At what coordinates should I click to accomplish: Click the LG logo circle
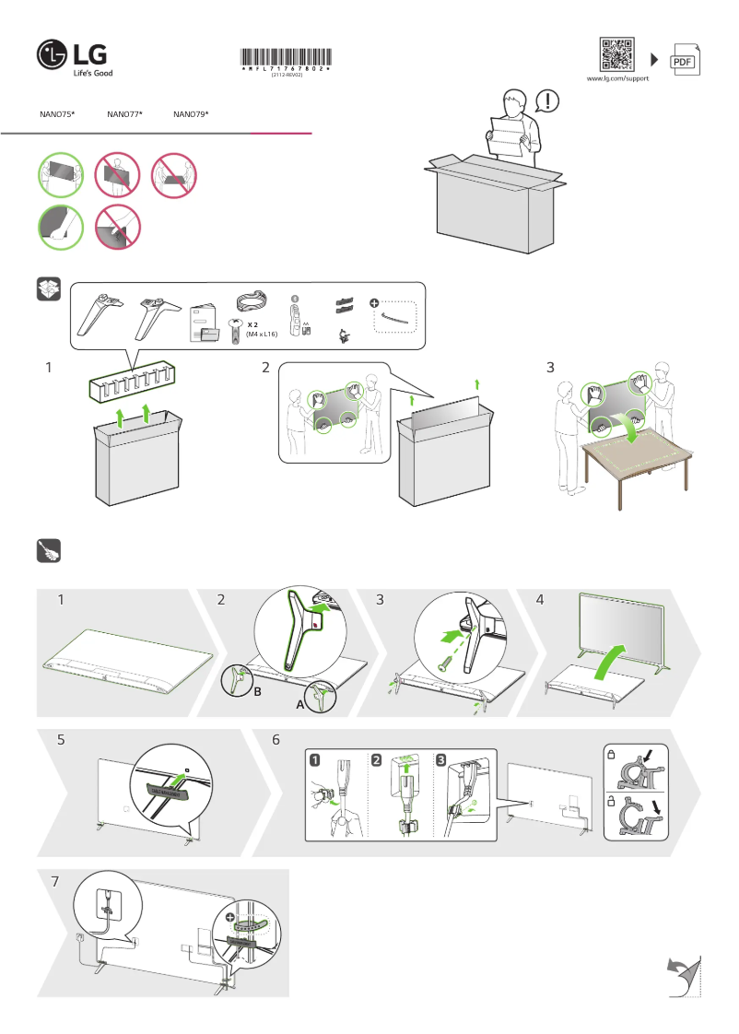point(53,55)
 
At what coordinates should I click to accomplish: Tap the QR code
point(617,54)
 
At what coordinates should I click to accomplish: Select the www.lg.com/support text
point(618,79)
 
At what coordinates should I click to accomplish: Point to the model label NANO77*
point(123,114)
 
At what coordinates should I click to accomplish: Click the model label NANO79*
point(191,114)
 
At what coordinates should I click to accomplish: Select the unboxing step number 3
point(550,367)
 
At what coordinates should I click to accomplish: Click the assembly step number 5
point(61,740)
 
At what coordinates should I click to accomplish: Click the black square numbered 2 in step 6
point(377,760)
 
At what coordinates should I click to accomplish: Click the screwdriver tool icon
point(49,550)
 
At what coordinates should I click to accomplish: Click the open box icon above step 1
point(49,289)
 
